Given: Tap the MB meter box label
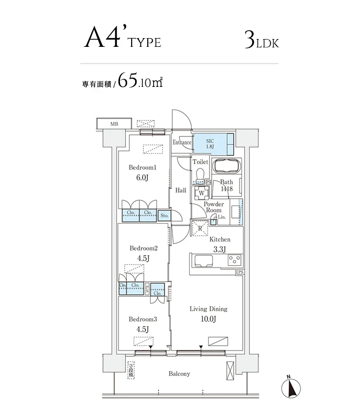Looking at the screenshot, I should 114,124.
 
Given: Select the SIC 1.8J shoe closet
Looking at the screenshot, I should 213,143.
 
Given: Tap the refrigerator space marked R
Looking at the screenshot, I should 200,228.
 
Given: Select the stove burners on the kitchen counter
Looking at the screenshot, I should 234,260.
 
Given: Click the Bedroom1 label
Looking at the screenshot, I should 142,167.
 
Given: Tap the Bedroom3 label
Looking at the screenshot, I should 142,319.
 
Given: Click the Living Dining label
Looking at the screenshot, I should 208,309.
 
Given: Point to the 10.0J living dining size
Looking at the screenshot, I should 208,319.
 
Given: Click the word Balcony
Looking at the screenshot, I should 179,374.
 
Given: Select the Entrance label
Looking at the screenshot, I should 182,143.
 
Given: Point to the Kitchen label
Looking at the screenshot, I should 220,240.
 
